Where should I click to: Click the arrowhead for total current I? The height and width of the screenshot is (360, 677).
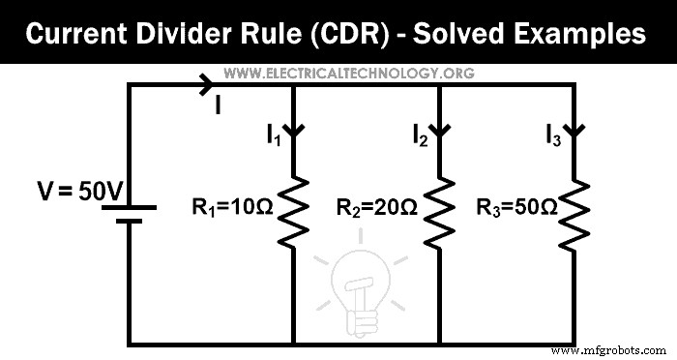click(x=206, y=85)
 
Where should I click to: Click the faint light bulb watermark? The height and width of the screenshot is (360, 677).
click(x=359, y=281)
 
